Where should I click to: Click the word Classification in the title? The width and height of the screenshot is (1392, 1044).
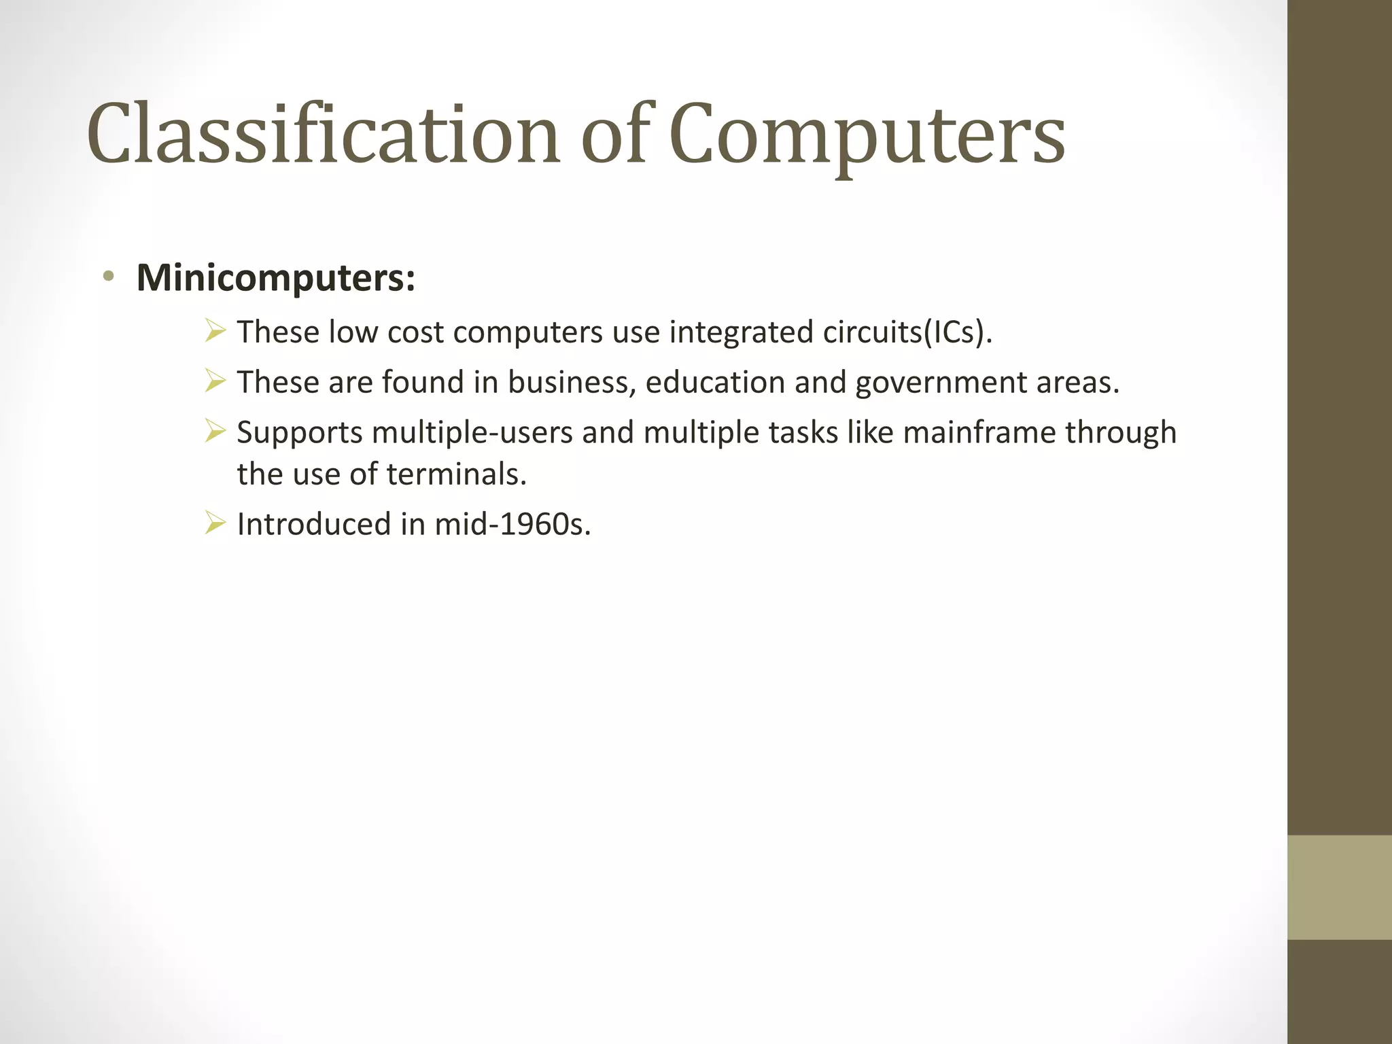click(323, 134)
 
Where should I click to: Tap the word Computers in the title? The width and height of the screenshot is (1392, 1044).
click(867, 134)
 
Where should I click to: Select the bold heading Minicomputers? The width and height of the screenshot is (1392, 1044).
click(275, 278)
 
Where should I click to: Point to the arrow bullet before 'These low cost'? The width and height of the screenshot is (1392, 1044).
click(215, 332)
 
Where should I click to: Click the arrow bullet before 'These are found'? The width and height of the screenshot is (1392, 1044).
click(215, 381)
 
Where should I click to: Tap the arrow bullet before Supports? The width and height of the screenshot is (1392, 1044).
click(215, 432)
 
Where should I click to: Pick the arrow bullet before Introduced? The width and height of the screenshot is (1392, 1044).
click(215, 523)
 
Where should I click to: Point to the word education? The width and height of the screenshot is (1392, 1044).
click(715, 382)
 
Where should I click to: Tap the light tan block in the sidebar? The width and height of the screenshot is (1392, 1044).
click(1339, 887)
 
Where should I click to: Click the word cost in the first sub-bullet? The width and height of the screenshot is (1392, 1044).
click(415, 332)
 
